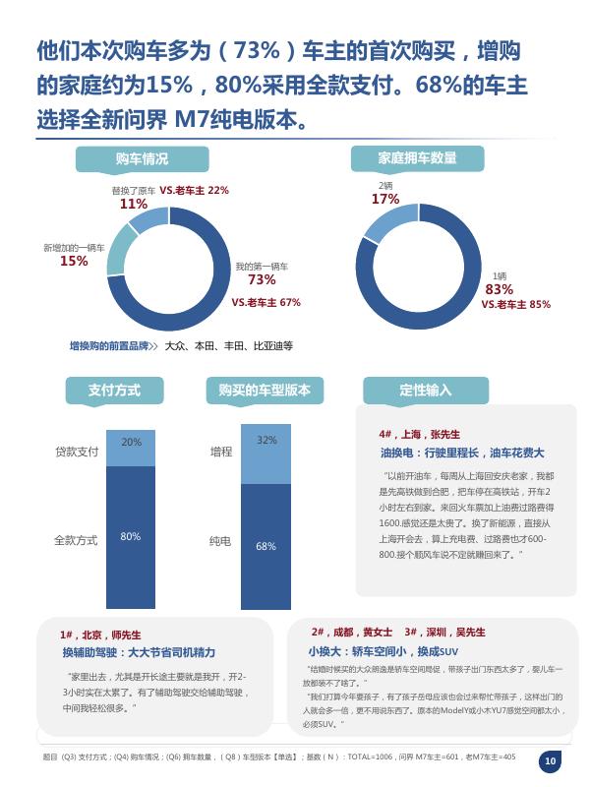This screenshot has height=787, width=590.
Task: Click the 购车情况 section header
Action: pos(142,159)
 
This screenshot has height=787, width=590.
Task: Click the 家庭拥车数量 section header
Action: pos(417,159)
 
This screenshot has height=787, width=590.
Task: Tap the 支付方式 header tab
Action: pos(114,391)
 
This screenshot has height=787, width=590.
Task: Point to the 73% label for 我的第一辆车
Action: pos(262,280)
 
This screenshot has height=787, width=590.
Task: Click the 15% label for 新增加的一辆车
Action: pos(74,261)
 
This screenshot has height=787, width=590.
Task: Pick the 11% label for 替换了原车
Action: pos(134,204)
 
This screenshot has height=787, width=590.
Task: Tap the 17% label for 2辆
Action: pos(385,199)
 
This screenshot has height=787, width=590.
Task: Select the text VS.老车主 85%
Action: pos(515,305)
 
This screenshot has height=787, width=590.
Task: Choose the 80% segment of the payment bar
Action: pos(131,536)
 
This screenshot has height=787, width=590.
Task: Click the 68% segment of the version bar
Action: pos(265,546)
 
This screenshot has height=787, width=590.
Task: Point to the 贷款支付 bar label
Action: pos(77,452)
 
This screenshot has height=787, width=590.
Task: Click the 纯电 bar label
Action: pos(220,541)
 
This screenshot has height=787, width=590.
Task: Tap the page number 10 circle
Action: pos(551,760)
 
